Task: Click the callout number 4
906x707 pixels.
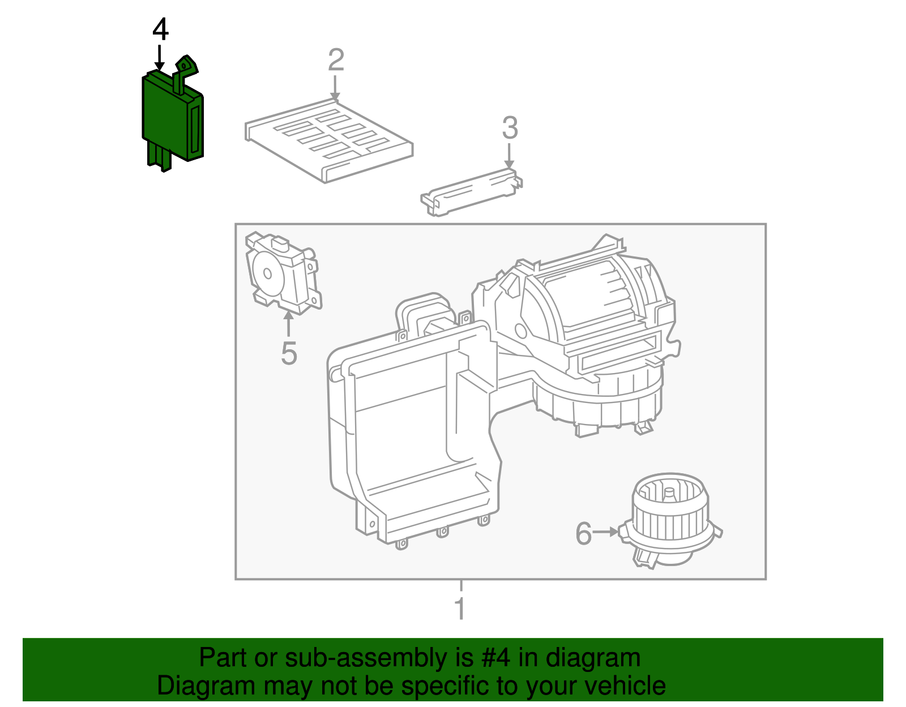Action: point(161,30)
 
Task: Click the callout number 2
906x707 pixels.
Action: point(336,61)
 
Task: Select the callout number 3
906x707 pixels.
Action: point(510,128)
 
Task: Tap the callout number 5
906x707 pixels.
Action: point(289,354)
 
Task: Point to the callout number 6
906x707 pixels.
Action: point(583,533)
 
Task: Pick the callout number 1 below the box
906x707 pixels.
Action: point(460,609)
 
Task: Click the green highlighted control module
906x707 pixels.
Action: point(170,119)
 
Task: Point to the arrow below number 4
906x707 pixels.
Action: point(160,58)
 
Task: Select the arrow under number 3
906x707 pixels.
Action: point(510,155)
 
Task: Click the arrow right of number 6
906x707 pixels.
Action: point(606,532)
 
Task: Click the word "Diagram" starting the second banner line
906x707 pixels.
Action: point(190,686)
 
